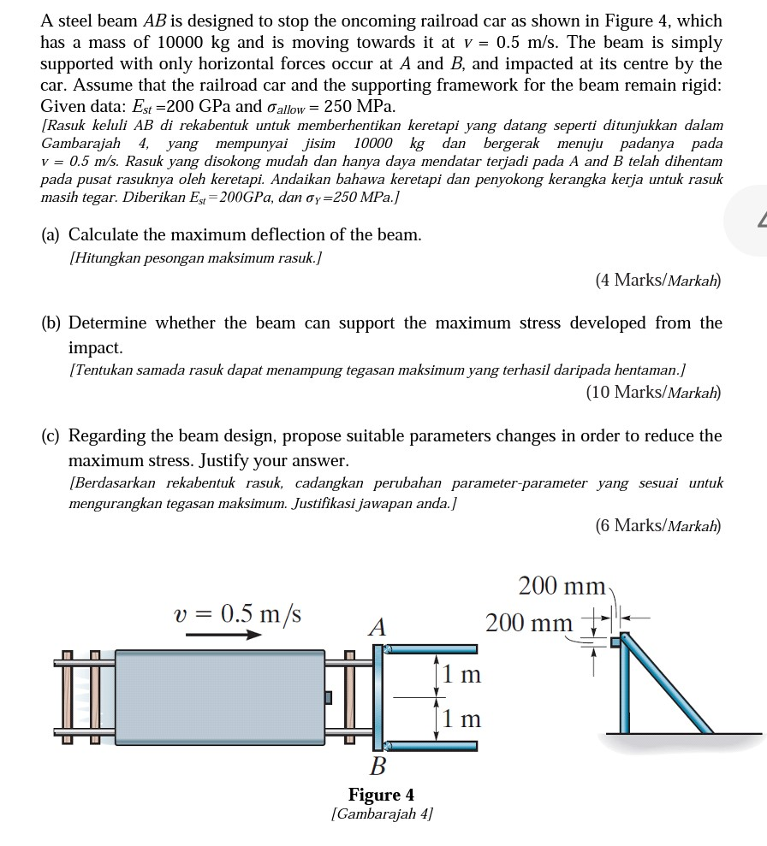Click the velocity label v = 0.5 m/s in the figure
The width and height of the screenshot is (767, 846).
(x=237, y=614)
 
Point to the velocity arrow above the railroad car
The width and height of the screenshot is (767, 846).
(x=223, y=635)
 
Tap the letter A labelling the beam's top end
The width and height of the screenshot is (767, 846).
(x=377, y=628)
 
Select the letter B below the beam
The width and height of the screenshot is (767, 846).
(x=378, y=763)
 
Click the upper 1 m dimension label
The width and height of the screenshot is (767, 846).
(x=462, y=674)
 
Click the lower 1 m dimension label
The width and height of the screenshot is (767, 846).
(x=462, y=719)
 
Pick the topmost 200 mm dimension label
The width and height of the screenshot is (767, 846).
(x=562, y=587)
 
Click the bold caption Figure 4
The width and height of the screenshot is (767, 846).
(x=381, y=795)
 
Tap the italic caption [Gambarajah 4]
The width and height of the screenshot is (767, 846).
(x=381, y=813)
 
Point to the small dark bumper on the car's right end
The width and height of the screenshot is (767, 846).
(x=327, y=697)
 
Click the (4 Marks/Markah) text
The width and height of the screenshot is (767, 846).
(x=658, y=280)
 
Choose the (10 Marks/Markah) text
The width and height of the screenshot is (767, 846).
(x=654, y=393)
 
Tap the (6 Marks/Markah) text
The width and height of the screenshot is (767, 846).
(x=658, y=525)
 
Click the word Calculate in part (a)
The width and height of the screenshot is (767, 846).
(x=106, y=234)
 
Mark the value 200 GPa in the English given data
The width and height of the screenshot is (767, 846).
(x=193, y=107)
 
